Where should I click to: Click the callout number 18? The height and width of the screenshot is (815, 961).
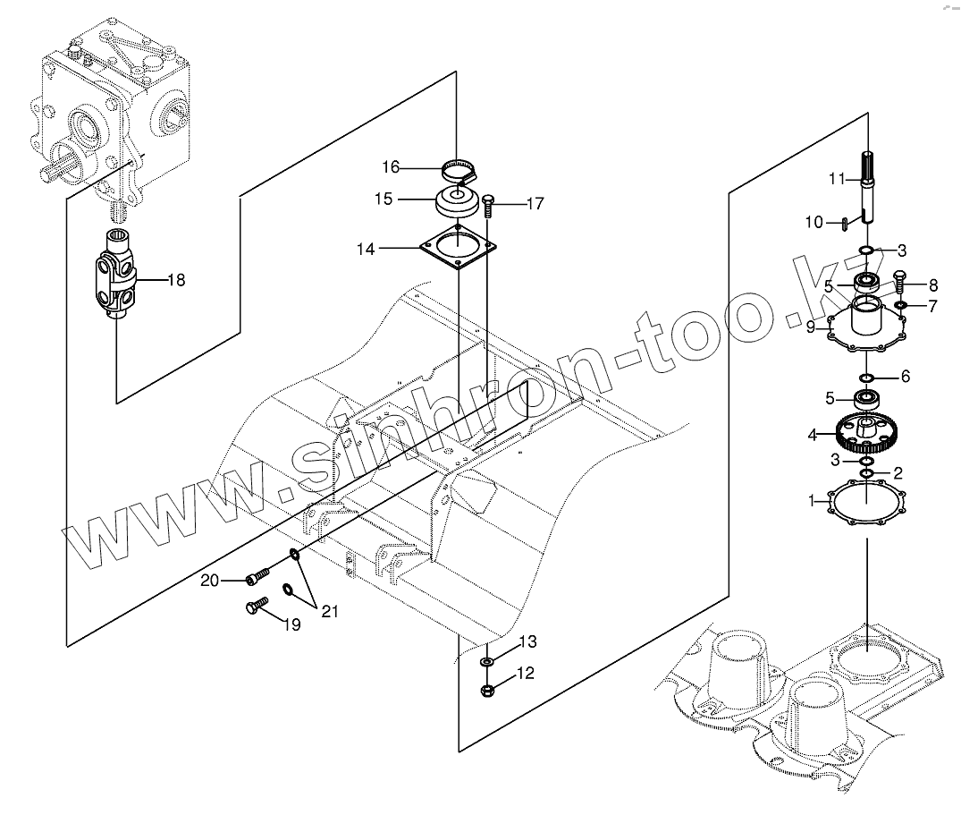click(176, 280)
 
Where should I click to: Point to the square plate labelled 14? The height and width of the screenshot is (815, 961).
click(459, 250)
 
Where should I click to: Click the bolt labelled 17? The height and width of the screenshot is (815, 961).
click(488, 206)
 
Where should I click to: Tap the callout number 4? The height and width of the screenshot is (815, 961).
click(813, 436)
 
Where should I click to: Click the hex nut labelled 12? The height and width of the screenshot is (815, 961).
click(488, 690)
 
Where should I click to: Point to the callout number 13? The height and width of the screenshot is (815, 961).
click(528, 641)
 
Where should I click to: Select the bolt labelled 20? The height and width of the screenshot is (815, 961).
click(258, 579)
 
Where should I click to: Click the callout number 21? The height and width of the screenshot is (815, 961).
click(330, 612)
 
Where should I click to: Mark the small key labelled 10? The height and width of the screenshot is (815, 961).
click(844, 223)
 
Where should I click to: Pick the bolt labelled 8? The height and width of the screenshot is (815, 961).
click(899, 279)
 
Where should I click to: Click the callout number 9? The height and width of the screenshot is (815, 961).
click(811, 327)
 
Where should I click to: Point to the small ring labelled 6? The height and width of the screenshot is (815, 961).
click(866, 377)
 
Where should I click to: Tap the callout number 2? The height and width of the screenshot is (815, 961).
click(898, 471)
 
